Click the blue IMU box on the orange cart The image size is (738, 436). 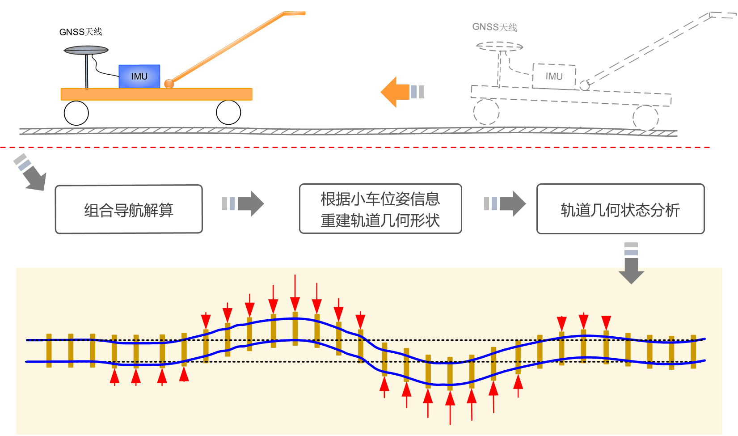click(x=139, y=76)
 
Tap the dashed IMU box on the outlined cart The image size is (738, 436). click(x=553, y=76)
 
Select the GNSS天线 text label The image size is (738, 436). click(x=494, y=27)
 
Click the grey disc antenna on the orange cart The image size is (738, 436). click(x=86, y=50)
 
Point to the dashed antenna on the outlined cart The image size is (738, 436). click(x=499, y=46)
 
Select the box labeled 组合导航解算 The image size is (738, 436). click(x=129, y=209)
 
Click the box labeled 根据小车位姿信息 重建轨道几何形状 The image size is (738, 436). click(x=380, y=209)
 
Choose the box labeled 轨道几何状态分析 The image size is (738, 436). click(x=620, y=209)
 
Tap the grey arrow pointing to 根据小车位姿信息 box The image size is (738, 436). click(x=243, y=204)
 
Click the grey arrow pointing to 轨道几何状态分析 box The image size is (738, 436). click(x=506, y=204)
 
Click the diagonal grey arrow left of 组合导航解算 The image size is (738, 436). click(x=30, y=172)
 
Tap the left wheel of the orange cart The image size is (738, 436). click(x=76, y=113)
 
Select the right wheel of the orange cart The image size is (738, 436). click(x=228, y=112)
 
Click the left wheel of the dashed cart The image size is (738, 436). click(x=486, y=112)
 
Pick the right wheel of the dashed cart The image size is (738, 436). click(x=645, y=118)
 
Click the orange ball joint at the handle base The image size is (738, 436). click(x=169, y=84)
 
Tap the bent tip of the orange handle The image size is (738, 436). click(x=295, y=13)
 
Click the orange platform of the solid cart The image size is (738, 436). click(x=156, y=94)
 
